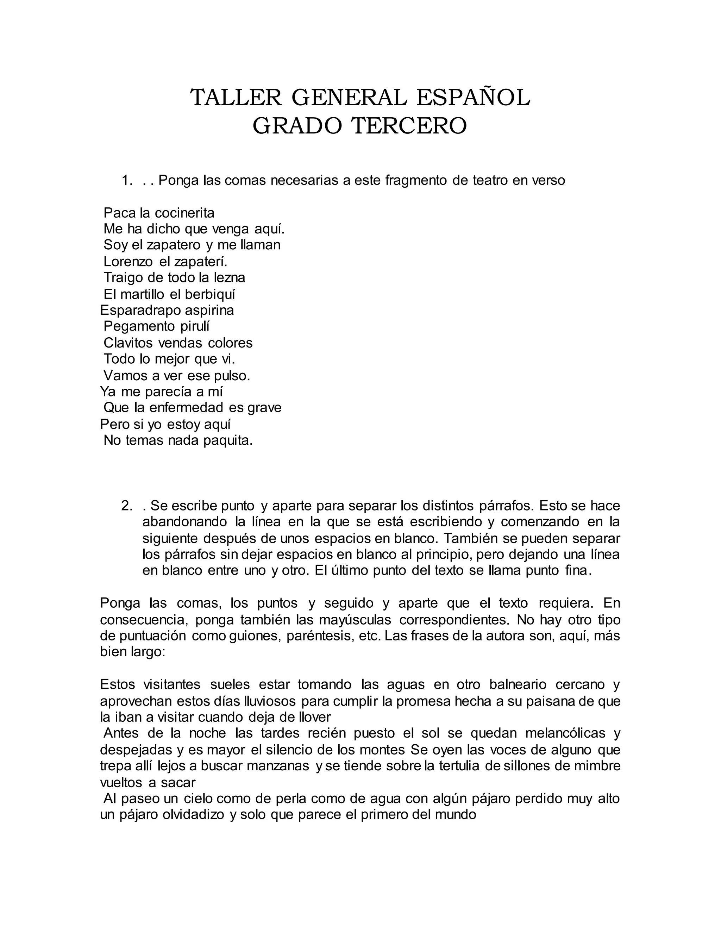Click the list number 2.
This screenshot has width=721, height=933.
(127, 506)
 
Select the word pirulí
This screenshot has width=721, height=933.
(194, 326)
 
